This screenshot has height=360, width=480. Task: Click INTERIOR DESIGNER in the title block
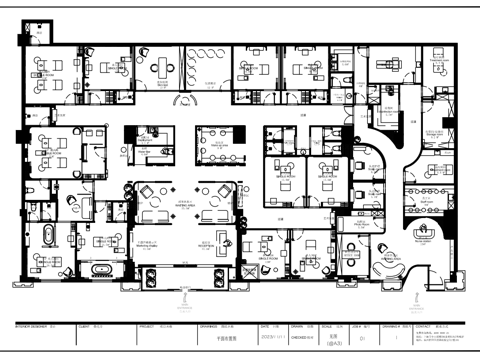point(27,325)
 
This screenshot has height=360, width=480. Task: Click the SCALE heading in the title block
point(327,325)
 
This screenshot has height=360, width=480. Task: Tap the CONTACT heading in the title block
point(422,325)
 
